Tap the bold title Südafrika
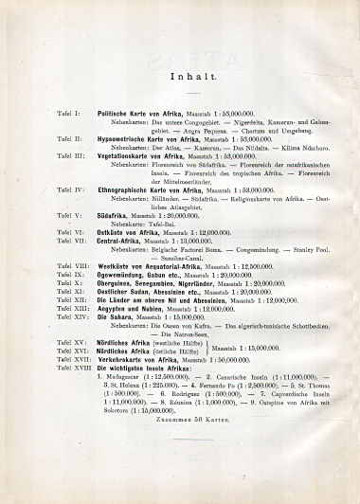tap(116, 214)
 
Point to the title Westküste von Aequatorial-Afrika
tap(153, 268)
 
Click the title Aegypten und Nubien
tap(138, 308)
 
